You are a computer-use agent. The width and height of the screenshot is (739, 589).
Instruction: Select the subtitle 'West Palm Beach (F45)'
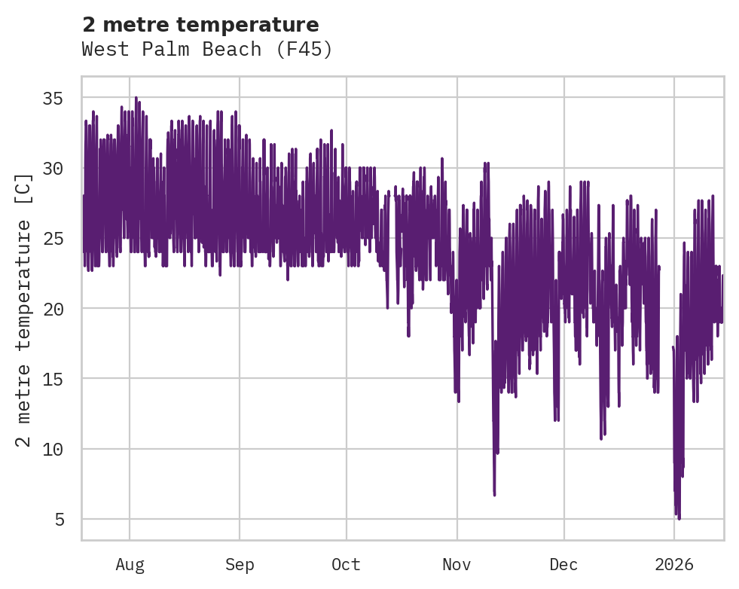(207, 50)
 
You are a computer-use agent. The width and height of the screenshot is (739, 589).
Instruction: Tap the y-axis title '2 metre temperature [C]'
(24, 310)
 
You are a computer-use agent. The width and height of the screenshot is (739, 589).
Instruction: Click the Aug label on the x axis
(130, 564)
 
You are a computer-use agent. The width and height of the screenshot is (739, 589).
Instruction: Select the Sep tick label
(240, 564)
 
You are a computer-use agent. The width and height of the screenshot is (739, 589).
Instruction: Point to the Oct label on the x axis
(347, 564)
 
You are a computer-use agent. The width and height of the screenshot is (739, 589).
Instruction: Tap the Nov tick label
(457, 564)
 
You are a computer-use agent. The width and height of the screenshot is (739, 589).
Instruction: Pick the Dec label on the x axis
(563, 564)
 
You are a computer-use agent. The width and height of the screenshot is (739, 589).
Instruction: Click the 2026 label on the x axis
(674, 564)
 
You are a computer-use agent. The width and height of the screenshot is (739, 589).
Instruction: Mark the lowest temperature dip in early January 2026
(679, 518)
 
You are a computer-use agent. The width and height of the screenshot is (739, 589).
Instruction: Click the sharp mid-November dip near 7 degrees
(494, 494)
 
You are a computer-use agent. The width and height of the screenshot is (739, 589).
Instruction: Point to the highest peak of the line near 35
(136, 98)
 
